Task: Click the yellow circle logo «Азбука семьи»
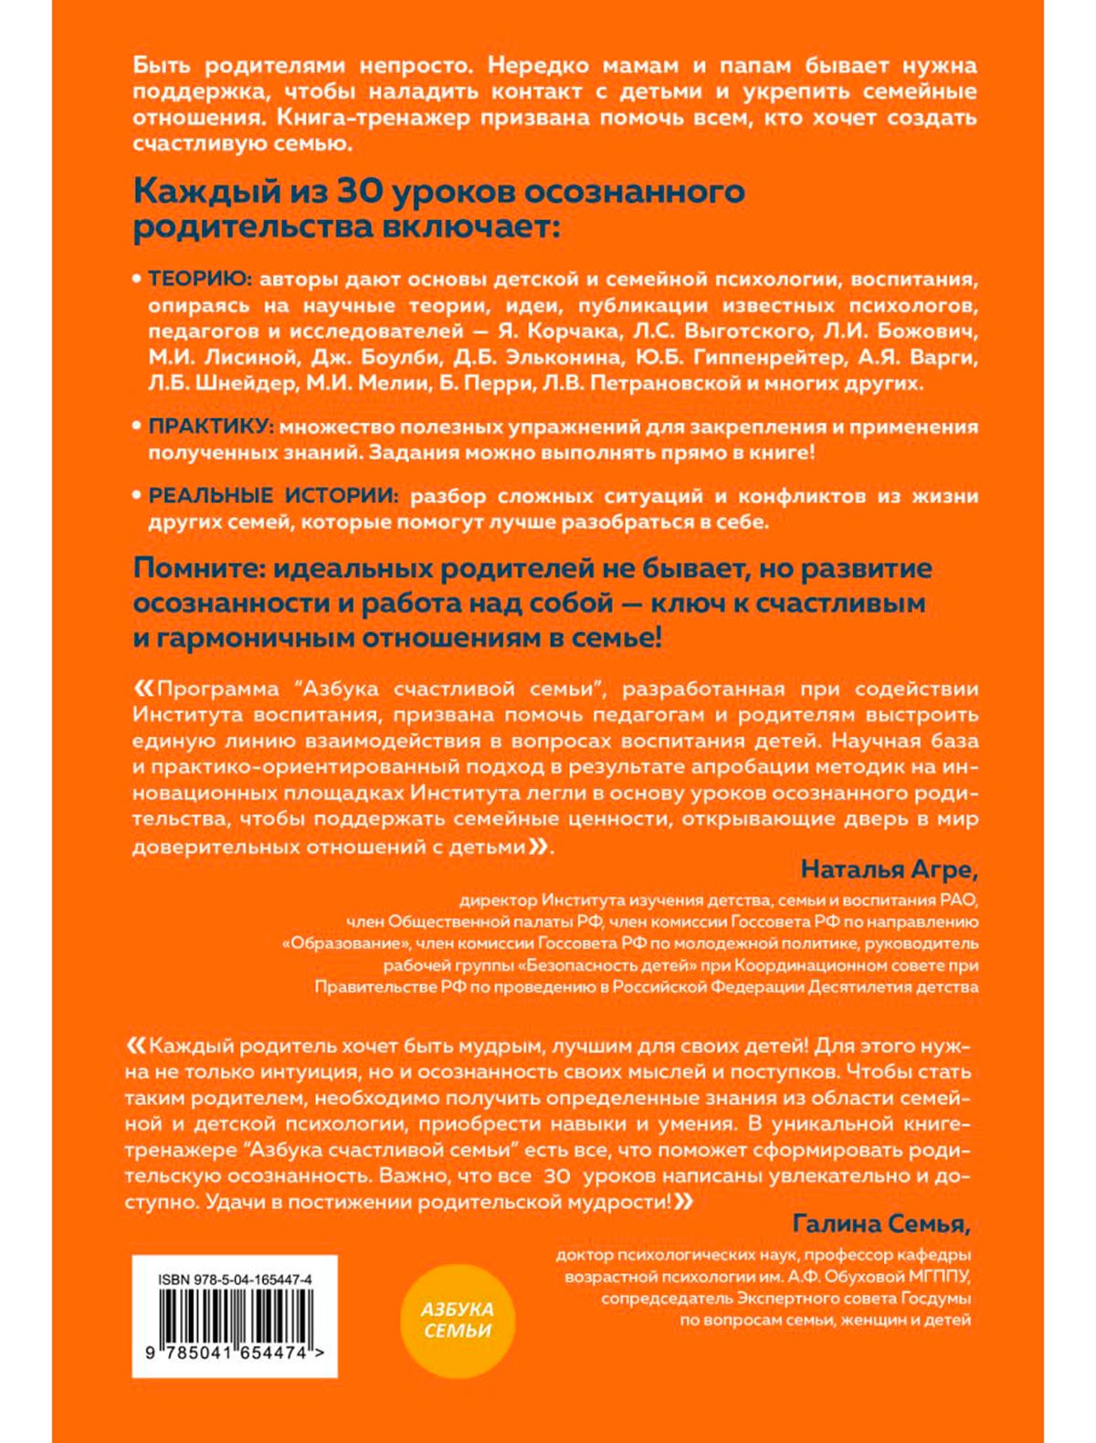pyautogui.click(x=458, y=1320)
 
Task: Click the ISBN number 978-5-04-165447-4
pyautogui.click(x=235, y=1280)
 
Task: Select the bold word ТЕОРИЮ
pyautogui.click(x=194, y=279)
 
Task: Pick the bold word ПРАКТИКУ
pyautogui.click(x=209, y=427)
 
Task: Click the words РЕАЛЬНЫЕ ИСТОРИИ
pyautogui.click(x=273, y=496)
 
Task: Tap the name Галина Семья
pyautogui.click(x=879, y=1223)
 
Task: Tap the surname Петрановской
pyautogui.click(x=666, y=383)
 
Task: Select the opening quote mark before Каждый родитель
pyautogui.click(x=135, y=1045)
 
